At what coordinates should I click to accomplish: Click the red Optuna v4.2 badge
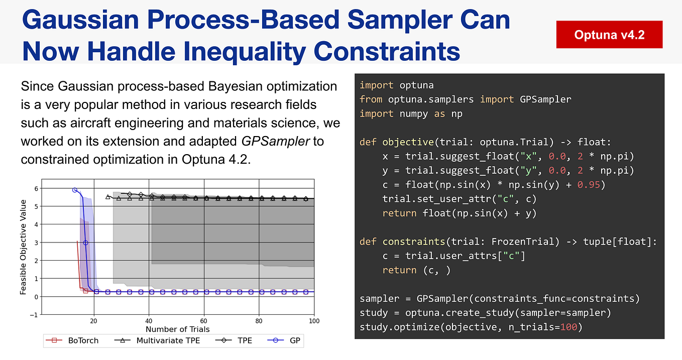pyautogui.click(x=609, y=35)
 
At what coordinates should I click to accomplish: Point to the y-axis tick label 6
pyautogui.click(x=36, y=188)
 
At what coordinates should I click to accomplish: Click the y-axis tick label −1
pyautogui.click(x=33, y=315)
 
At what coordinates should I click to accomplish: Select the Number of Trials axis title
pyautogui.click(x=177, y=329)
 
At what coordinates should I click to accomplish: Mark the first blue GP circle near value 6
pyautogui.click(x=75, y=190)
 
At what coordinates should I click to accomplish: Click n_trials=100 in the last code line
pyautogui.click(x=542, y=327)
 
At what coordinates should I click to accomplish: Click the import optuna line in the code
pyautogui.click(x=396, y=85)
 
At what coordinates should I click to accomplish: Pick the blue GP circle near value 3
pyautogui.click(x=86, y=243)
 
